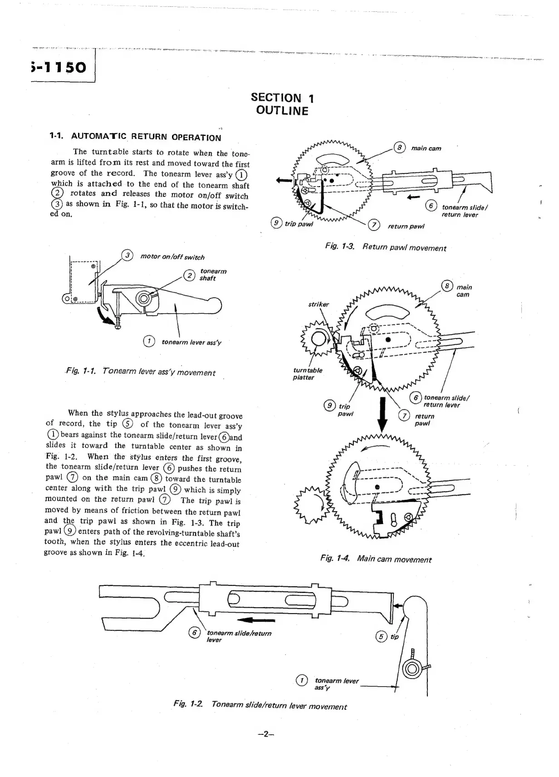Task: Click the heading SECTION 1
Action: point(282,98)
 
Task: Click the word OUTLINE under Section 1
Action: point(282,111)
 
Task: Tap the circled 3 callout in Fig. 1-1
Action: point(128,256)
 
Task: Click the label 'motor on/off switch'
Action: point(172,257)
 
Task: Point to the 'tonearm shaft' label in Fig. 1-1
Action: point(213,275)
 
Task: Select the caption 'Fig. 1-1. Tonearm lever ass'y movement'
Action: point(140,372)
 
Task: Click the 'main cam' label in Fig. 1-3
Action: point(426,148)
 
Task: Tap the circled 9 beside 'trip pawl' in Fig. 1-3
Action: point(275,223)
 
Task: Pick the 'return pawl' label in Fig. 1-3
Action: point(406,226)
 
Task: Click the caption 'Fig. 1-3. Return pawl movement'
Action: point(386,248)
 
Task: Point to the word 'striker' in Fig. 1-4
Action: point(319,304)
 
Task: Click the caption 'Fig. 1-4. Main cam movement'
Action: point(376,559)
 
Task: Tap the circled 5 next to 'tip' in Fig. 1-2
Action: point(381,636)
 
